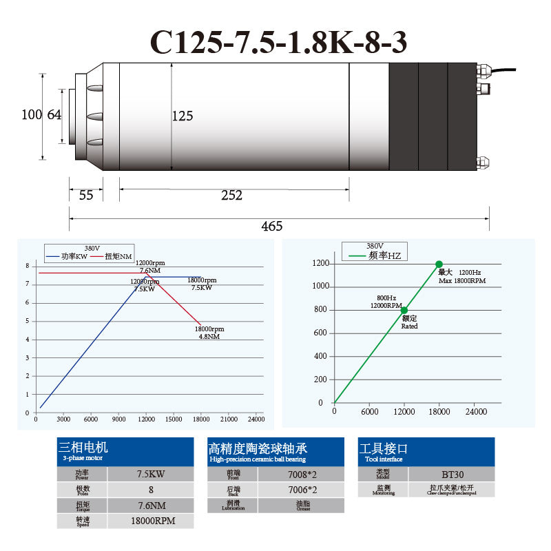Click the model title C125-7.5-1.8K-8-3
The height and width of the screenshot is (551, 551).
[x=279, y=42]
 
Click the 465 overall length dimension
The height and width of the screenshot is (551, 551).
[x=271, y=226]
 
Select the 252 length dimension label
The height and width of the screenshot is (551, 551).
[x=232, y=196]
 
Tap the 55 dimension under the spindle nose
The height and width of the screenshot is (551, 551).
[x=85, y=196]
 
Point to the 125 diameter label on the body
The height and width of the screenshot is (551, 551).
[x=182, y=116]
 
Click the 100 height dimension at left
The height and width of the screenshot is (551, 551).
[x=32, y=115]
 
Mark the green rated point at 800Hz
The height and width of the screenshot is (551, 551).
[x=404, y=310]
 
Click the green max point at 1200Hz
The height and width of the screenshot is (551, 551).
[x=439, y=264]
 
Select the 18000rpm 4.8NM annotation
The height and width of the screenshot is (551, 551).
[x=209, y=333]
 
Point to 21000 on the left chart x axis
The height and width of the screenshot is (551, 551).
[x=227, y=419]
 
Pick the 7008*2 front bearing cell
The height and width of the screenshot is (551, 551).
[x=301, y=474]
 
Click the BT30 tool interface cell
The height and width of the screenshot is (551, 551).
[x=451, y=474]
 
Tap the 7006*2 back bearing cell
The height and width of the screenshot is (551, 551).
[x=301, y=490]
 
